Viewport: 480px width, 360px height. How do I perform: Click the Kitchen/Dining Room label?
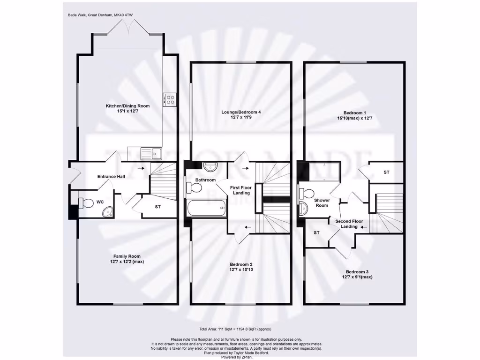[121, 106]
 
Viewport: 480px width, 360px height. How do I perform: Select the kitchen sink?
[154, 153]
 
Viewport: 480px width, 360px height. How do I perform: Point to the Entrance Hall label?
[111, 177]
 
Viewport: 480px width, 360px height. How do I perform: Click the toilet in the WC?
[87, 202]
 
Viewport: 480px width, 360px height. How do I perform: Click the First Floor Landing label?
[241, 190]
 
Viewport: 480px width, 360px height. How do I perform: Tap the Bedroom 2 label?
[241, 263]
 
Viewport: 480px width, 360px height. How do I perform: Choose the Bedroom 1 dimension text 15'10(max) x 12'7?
[354, 119]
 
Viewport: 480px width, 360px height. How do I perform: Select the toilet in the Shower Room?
[308, 194]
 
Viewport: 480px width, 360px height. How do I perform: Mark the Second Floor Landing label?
[349, 224]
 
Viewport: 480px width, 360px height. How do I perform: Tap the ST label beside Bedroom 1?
[386, 172]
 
